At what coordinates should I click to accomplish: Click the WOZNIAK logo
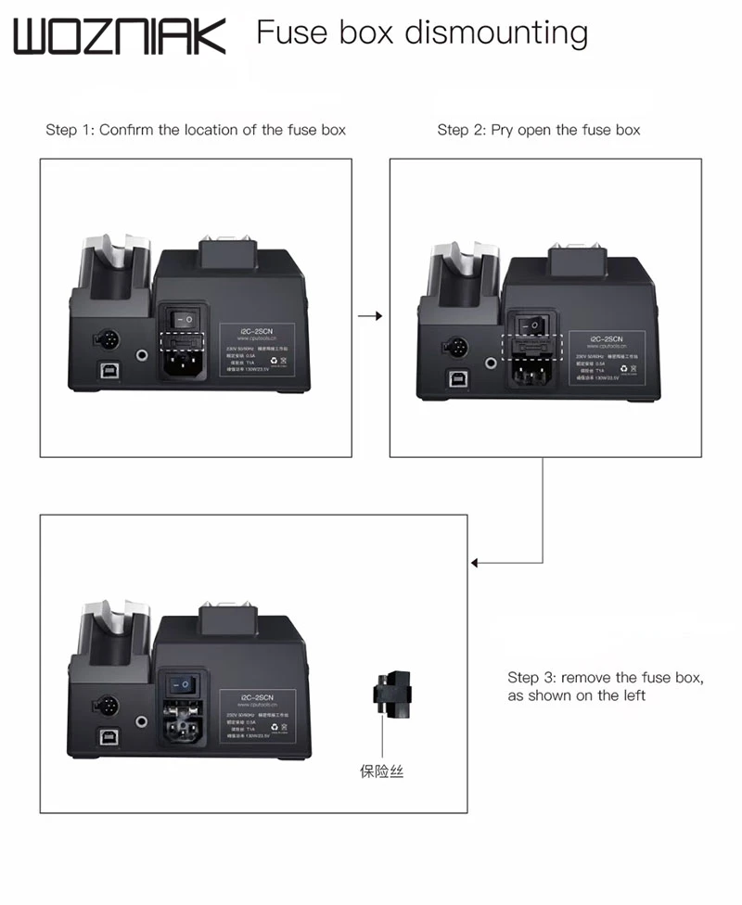click(x=120, y=36)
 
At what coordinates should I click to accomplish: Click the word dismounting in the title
click(x=495, y=33)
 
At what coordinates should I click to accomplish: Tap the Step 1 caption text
click(x=196, y=130)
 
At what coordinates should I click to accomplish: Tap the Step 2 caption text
click(x=539, y=130)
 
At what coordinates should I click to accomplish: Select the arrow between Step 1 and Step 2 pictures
click(x=370, y=316)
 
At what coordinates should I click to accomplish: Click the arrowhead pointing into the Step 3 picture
click(x=476, y=562)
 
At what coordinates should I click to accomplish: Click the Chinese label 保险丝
click(x=382, y=771)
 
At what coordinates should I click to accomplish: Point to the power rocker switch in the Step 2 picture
click(x=533, y=325)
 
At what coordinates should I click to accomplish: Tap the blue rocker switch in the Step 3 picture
click(x=186, y=684)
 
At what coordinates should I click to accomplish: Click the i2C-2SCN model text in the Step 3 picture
click(x=255, y=695)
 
